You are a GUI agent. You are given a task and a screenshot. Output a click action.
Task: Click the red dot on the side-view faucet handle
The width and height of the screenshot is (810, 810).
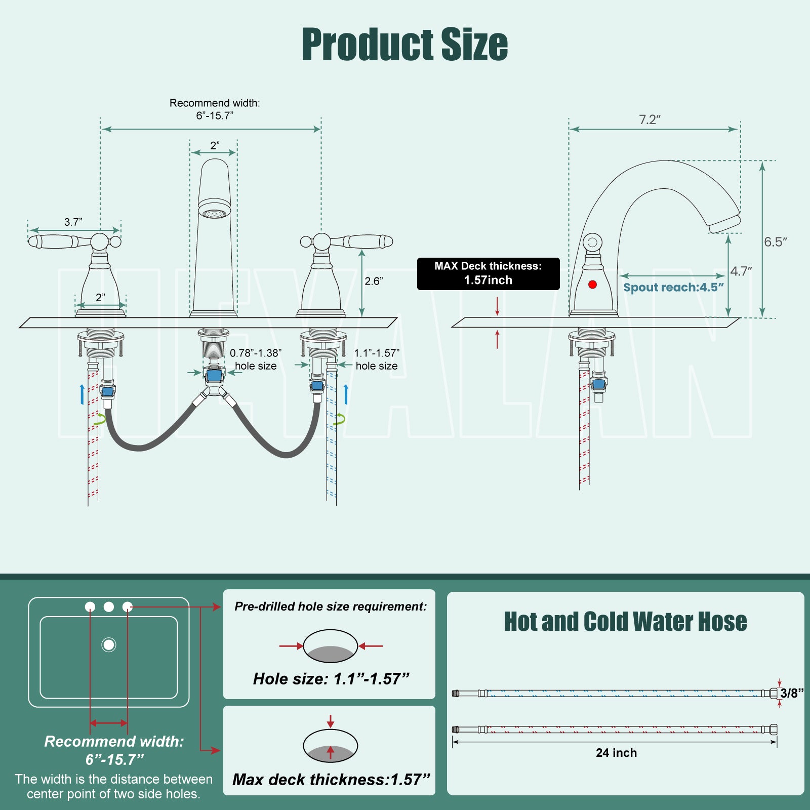tap(592, 285)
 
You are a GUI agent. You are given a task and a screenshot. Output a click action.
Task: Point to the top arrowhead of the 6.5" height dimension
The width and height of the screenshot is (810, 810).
tap(762, 165)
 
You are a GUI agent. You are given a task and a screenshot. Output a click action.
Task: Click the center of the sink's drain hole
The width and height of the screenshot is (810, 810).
tap(109, 644)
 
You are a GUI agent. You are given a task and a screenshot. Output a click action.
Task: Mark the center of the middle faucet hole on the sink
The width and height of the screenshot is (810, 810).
tap(109, 606)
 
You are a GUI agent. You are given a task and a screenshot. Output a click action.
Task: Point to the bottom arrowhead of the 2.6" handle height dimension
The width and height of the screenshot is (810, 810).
tap(362, 312)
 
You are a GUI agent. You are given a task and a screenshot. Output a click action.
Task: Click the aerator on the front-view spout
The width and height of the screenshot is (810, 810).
tap(214, 212)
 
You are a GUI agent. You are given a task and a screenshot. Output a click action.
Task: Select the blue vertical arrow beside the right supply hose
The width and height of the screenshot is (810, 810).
tap(346, 394)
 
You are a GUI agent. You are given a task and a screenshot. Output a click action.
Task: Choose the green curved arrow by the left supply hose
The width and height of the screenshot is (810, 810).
tap(100, 419)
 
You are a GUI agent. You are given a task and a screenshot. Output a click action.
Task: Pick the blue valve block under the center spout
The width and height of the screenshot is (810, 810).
tap(214, 375)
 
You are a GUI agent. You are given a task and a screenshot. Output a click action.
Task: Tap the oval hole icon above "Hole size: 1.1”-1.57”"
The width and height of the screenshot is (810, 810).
tap(330, 646)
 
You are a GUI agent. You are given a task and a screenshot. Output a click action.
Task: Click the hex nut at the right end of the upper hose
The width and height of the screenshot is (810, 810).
tap(773, 693)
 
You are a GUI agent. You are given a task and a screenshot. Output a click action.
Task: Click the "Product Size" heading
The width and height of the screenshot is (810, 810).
tap(404, 45)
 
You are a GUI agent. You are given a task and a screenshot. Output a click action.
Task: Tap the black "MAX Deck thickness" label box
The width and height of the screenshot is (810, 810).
tap(488, 274)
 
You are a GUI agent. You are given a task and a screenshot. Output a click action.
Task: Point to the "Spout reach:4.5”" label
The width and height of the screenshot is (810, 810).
tap(673, 288)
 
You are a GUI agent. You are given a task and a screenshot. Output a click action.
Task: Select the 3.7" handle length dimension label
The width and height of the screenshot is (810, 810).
tap(73, 222)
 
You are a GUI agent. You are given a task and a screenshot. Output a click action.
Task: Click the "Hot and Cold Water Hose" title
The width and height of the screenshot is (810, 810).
tap(625, 622)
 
